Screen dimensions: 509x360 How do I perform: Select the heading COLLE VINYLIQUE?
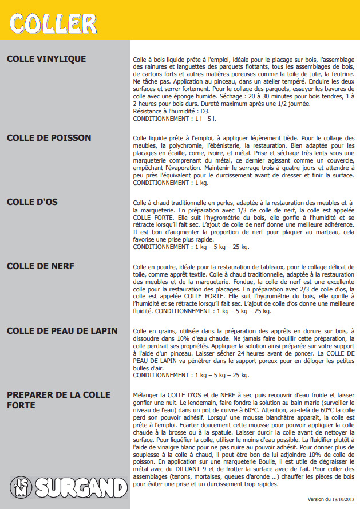(x=46, y=58)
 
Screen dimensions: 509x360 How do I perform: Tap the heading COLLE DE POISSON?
(x=49, y=138)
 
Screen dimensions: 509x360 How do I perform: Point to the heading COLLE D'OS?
(x=32, y=202)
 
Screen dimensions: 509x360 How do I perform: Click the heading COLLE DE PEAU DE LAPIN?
(x=62, y=330)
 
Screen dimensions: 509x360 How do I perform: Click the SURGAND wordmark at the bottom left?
(x=81, y=488)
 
